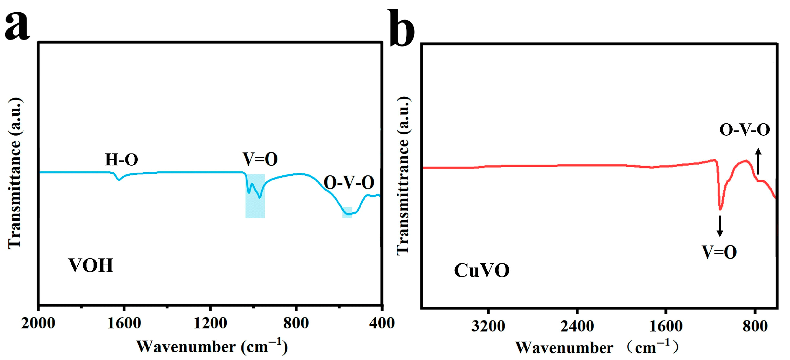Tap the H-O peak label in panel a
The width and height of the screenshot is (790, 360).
click(x=122, y=160)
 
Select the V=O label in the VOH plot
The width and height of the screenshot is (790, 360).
click(x=260, y=159)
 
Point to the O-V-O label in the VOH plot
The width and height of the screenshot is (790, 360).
click(x=349, y=183)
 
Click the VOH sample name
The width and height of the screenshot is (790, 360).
click(x=91, y=266)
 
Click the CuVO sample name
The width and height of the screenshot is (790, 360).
click(x=482, y=271)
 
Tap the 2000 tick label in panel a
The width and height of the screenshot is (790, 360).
click(x=38, y=323)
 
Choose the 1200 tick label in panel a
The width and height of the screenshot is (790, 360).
click(x=210, y=323)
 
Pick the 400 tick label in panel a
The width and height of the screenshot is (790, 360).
click(x=382, y=323)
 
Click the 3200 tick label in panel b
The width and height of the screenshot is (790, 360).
click(x=488, y=326)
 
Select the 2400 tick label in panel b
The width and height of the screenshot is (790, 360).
click(x=577, y=326)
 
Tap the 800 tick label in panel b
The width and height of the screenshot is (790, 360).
click(x=755, y=326)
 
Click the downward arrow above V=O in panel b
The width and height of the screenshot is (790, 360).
click(x=720, y=226)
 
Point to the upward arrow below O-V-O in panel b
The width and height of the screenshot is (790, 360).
click(x=758, y=161)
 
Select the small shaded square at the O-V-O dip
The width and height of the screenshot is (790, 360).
click(x=347, y=212)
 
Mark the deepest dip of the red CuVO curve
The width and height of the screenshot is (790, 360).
click(x=720, y=209)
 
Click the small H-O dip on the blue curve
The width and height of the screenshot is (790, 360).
click(x=119, y=180)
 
